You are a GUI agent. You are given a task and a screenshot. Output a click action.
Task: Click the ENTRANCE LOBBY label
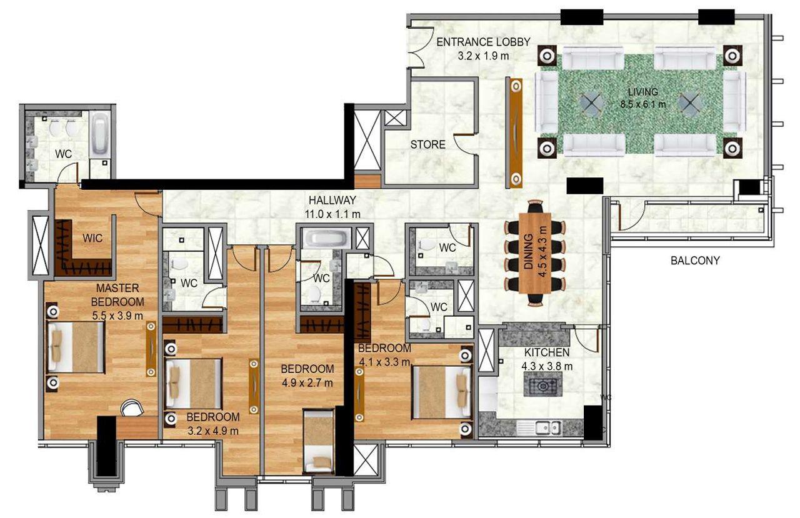pos(482,42)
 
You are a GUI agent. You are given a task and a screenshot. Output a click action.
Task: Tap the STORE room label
pos(427,145)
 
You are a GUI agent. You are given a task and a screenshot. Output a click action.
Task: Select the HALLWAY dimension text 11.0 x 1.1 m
pos(332,214)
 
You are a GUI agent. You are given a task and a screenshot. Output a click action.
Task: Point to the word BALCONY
pos(695,261)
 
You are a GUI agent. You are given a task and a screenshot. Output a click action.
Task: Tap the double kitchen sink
pos(547,427)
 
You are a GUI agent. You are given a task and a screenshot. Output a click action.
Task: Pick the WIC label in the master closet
pos(92,238)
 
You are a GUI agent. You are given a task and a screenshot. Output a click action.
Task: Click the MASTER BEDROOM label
pos(117,295)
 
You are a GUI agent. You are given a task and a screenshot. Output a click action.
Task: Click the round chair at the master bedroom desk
pos(131,408)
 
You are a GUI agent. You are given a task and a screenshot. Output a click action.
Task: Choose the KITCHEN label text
pos(546,352)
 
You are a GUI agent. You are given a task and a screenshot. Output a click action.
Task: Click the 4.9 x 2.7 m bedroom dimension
pos(306,382)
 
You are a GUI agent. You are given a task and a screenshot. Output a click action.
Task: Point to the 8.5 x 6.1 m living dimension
pos(642,104)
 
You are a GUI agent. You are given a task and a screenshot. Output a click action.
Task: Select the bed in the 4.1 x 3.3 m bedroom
pos(441,392)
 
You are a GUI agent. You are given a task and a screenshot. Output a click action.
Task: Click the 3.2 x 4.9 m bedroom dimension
pos(212,431)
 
